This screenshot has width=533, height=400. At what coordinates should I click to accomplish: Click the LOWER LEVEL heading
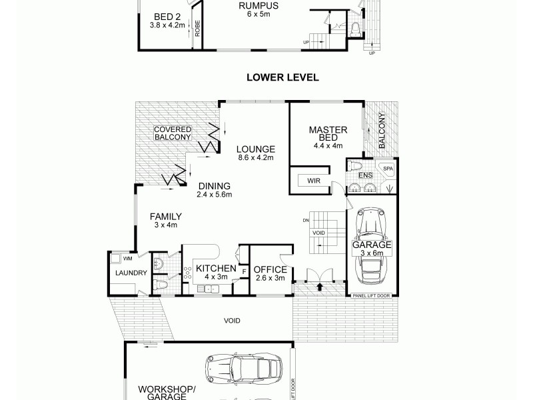[282, 77]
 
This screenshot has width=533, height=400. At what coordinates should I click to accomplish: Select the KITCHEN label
[211, 269]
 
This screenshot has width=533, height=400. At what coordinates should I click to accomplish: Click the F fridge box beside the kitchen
[244, 271]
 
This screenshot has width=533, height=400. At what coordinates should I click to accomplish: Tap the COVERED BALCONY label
[173, 133]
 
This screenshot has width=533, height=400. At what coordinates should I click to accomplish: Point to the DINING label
[214, 186]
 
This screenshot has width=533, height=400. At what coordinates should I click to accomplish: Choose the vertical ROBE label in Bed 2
[198, 29]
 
